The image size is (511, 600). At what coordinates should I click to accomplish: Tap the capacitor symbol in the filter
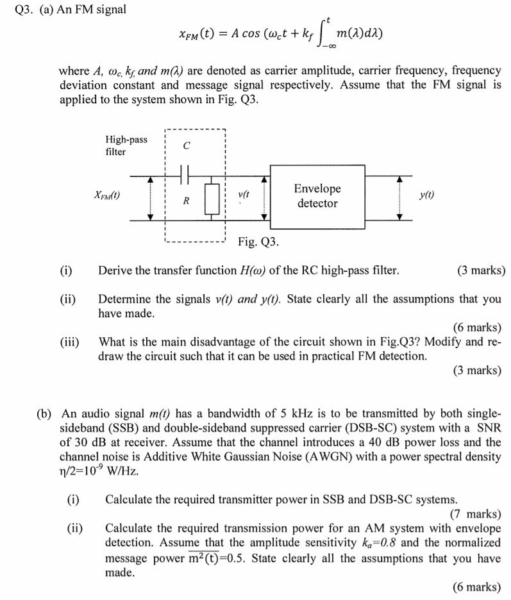click(186, 174)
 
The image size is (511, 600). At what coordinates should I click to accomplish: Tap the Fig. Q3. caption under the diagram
click(258, 242)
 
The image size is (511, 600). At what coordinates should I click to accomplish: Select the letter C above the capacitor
click(187, 146)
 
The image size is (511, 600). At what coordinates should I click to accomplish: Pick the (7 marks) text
click(475, 513)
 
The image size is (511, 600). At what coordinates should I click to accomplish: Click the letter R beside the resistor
click(186, 201)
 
